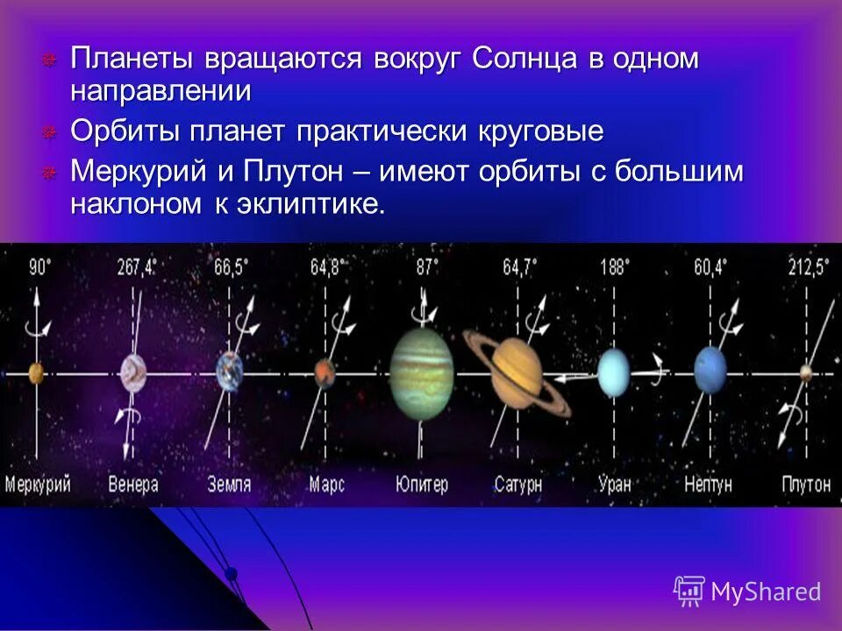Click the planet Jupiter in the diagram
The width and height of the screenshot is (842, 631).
(x=422, y=373)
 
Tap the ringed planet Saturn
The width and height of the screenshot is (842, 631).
(x=517, y=372)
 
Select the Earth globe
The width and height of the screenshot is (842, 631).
(x=230, y=371)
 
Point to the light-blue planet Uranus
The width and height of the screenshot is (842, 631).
(x=614, y=373)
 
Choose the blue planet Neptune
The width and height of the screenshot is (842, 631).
(x=710, y=371)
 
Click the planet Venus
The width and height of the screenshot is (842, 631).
(x=132, y=372)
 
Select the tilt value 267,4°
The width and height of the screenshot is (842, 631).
(x=136, y=267)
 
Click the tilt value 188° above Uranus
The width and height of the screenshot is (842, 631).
(x=613, y=267)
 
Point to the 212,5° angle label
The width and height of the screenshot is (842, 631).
(x=807, y=267)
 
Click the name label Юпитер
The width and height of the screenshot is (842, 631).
(x=422, y=484)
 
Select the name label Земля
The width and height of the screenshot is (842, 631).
(x=230, y=484)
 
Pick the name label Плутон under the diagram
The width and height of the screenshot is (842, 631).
(x=805, y=484)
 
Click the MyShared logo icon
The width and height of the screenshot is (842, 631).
(x=689, y=591)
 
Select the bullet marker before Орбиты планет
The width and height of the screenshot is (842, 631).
(x=50, y=132)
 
